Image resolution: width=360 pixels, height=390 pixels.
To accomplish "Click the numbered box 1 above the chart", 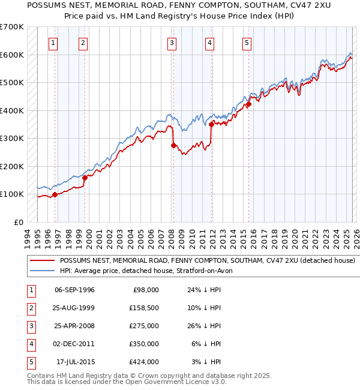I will coord(54,43).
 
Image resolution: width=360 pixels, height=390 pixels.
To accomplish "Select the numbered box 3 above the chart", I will coord(172,43).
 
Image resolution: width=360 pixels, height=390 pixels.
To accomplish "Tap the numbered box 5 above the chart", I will coord(247,43).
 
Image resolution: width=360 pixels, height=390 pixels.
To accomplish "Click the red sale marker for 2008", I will coord(173,145).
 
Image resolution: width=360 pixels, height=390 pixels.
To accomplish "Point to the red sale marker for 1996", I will coord(55,194).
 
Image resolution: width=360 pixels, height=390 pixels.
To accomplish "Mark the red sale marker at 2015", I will coord(248,104).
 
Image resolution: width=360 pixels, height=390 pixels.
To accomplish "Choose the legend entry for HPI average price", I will coord(150,271).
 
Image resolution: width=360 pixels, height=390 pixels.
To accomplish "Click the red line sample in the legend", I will coord(41,261).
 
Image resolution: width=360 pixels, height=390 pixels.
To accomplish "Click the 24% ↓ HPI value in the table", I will coord(203,290).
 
